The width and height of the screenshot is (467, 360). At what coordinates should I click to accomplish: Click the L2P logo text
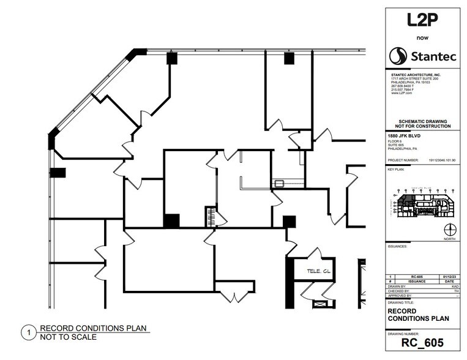[422, 20]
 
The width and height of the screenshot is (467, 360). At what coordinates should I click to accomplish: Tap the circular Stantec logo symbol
[398, 56]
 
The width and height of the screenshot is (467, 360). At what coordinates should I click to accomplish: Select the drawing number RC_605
[422, 343]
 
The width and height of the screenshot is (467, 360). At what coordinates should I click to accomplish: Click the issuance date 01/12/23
[450, 276]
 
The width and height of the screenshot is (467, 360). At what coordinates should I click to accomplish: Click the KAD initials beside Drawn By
[455, 286]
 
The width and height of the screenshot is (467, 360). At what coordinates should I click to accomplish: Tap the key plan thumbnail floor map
[422, 204]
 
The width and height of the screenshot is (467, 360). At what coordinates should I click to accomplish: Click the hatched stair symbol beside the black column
[210, 217]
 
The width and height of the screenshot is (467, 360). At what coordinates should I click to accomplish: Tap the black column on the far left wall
[58, 173]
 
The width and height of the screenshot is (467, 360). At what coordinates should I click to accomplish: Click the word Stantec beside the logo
[432, 57]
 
